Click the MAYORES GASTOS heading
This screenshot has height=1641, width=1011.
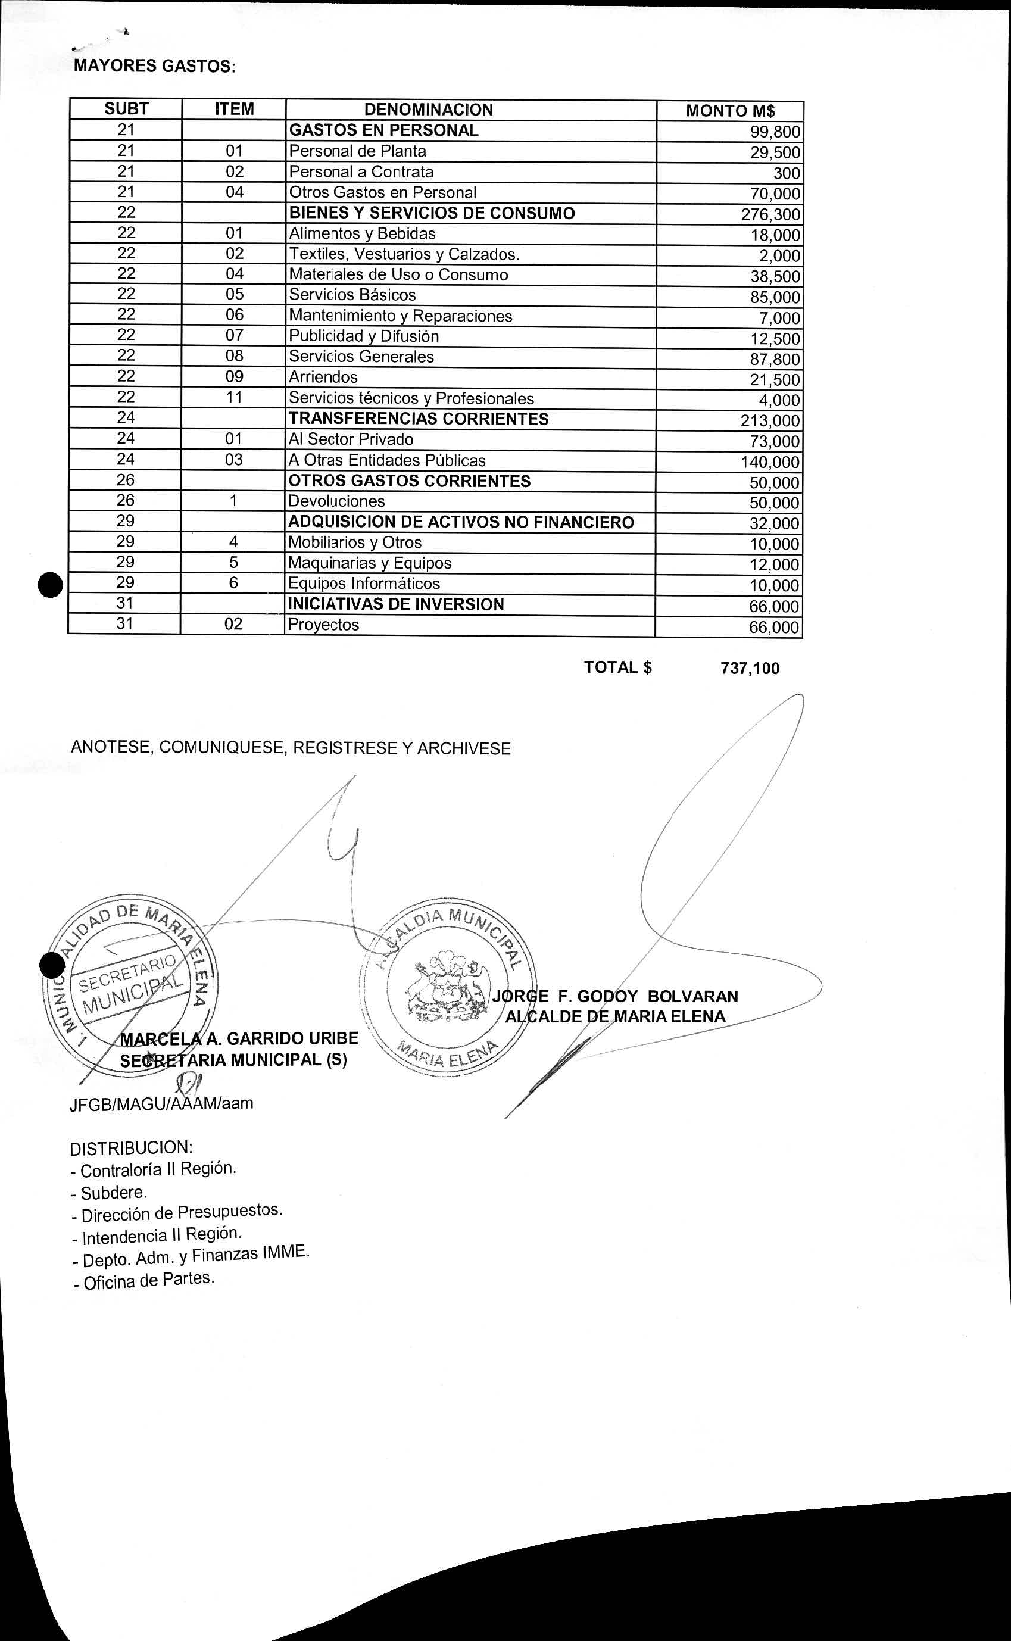click(x=154, y=67)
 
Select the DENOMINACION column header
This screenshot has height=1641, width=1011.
click(x=429, y=110)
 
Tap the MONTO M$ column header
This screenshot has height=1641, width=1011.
click(x=730, y=111)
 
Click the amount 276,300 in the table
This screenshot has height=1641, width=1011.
click(x=770, y=215)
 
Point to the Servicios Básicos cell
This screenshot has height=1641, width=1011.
click(x=352, y=295)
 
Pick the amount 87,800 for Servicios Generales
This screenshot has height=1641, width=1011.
click(x=774, y=360)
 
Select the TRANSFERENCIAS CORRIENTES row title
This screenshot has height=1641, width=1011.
click(x=419, y=419)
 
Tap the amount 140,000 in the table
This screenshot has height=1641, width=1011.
click(x=770, y=462)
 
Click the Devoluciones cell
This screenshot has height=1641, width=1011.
click(x=336, y=501)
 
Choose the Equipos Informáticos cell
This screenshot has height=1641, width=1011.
click(x=364, y=584)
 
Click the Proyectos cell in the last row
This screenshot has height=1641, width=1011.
click(x=324, y=625)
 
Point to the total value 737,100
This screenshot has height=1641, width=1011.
click(x=750, y=669)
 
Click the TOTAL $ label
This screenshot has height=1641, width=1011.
click(x=618, y=667)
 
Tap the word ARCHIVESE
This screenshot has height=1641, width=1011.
click(x=464, y=749)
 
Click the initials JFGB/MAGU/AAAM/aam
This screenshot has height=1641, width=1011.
click(x=161, y=1103)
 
